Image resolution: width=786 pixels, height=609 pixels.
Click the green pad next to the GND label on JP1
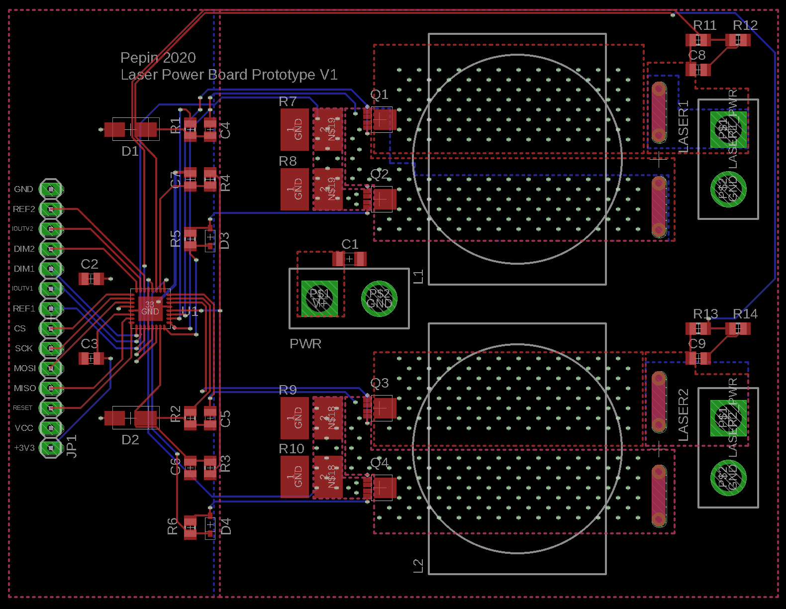click(51, 189)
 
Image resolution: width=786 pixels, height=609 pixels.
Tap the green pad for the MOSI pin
click(51, 368)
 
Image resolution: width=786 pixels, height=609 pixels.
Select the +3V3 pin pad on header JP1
click(51, 448)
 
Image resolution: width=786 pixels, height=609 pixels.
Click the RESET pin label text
click(22, 408)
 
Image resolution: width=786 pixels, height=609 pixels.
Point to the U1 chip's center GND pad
click(150, 308)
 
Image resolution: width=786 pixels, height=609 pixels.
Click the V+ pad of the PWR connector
click(319, 299)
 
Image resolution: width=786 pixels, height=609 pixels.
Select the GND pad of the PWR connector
click(379, 299)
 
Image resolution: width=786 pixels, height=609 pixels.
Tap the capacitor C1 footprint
click(349, 259)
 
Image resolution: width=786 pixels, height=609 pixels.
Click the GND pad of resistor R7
click(295, 130)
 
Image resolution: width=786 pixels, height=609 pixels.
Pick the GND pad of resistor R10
click(295, 477)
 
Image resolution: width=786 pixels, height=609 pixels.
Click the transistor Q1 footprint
click(381, 119)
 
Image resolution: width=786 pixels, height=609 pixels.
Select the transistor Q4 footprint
click(381, 488)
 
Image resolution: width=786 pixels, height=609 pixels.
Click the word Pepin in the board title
click(139, 58)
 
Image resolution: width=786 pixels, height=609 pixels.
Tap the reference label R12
click(745, 25)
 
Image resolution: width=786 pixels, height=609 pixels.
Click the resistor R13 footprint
click(698, 328)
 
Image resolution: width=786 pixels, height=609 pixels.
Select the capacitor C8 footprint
click(698, 70)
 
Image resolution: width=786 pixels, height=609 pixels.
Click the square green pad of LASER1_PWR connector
click(728, 130)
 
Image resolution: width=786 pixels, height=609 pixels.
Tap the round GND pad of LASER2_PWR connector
click(728, 478)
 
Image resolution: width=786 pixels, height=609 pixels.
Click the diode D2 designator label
click(130, 440)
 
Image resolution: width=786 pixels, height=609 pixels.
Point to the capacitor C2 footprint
click(92, 279)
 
